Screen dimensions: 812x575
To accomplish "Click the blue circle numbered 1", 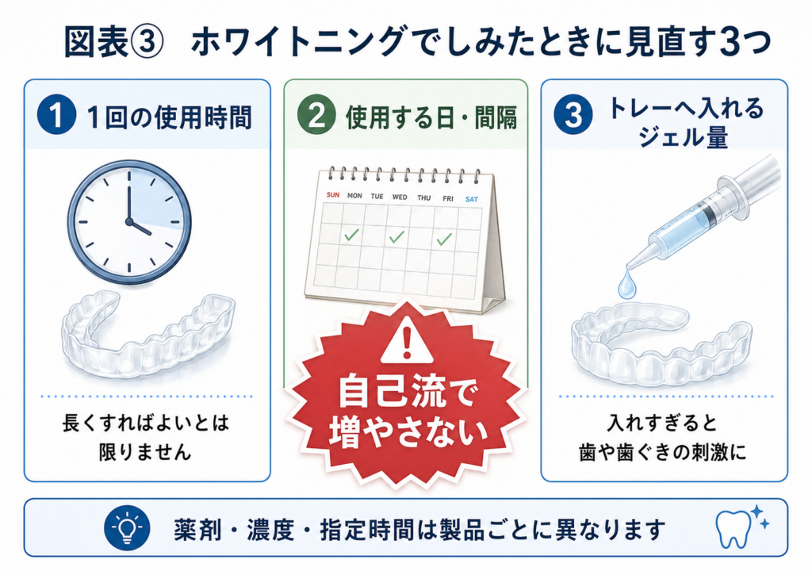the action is click(56, 115).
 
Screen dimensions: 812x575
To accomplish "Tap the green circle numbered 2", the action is click(316, 116).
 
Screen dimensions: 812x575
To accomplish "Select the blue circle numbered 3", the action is click(573, 115).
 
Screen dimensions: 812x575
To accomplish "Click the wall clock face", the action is click(129, 222).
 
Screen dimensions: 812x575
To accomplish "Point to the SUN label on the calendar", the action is click(333, 195).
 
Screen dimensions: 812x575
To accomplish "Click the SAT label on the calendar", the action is click(471, 199).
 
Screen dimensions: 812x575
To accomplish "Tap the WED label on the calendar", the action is click(400, 197).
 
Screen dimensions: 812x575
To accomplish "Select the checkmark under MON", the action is click(351, 235).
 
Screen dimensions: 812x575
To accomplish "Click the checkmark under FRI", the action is click(444, 239).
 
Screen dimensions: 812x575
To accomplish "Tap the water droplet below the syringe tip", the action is click(626, 286).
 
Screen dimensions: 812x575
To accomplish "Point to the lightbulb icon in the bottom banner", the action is click(127, 528).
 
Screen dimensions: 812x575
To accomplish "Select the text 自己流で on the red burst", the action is click(407, 393).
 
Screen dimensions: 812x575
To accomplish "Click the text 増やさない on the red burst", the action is click(408, 431).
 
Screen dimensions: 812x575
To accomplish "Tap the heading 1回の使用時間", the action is click(170, 117).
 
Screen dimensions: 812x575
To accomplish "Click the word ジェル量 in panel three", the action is click(683, 136).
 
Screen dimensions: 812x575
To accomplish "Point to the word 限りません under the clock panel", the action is click(145, 452).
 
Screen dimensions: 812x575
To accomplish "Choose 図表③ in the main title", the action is click(113, 42).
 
